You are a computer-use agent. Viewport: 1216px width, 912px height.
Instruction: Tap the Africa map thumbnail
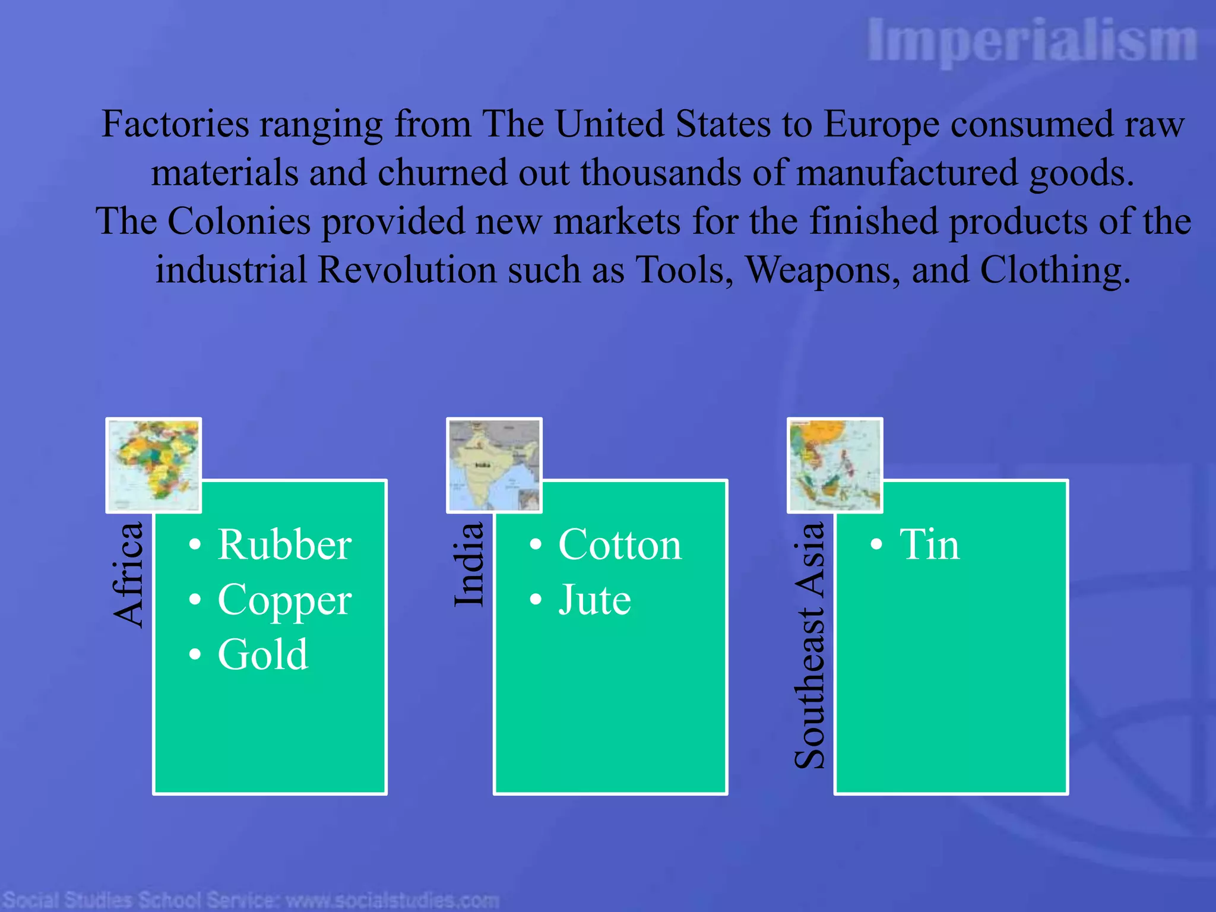pyautogui.click(x=154, y=465)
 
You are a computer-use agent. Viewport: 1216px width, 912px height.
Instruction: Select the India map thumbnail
pyautogui.click(x=494, y=465)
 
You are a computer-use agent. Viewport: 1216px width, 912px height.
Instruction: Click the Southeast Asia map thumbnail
pyautogui.click(x=835, y=465)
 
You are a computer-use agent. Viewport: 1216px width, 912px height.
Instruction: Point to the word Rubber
pyautogui.click(x=284, y=544)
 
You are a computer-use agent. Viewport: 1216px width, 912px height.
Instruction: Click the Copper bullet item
pyautogui.click(x=284, y=600)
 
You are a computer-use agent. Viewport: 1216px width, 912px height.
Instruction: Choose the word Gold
pyautogui.click(x=263, y=654)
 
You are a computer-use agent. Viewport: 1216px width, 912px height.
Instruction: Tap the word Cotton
pyautogui.click(x=620, y=544)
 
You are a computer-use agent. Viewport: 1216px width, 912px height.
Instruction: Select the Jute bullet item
pyautogui.click(x=594, y=600)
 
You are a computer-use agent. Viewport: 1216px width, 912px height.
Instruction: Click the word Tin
pyautogui.click(x=929, y=544)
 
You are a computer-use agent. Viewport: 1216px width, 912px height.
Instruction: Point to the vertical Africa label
pyautogui.click(x=128, y=575)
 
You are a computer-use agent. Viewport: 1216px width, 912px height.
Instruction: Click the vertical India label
pyautogui.click(x=469, y=564)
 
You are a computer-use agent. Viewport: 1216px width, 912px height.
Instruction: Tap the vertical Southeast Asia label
pyautogui.click(x=810, y=645)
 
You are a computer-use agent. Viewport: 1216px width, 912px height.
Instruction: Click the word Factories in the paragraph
pyautogui.click(x=175, y=125)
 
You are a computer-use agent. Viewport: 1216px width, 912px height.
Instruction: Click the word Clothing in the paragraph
pyautogui.click(x=1054, y=271)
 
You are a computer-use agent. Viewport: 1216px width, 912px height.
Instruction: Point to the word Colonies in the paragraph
pyautogui.click(x=239, y=222)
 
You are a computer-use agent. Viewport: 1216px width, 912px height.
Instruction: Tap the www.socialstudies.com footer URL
pyautogui.click(x=392, y=900)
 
